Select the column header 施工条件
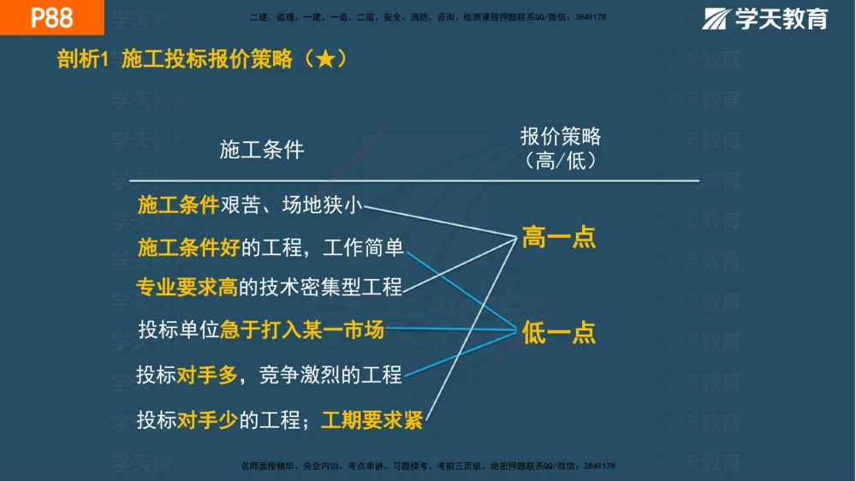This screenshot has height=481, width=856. (x=262, y=150)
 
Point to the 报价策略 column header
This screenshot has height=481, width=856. (x=561, y=137)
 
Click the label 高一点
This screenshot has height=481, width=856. (x=559, y=238)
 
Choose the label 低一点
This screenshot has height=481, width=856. (x=559, y=333)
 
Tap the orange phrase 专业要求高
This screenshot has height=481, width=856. (x=187, y=288)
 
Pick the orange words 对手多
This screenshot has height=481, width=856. (x=208, y=374)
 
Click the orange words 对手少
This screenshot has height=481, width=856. (x=208, y=420)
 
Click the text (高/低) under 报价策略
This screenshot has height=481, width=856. (x=561, y=161)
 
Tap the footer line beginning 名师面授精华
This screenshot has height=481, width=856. (x=428, y=466)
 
